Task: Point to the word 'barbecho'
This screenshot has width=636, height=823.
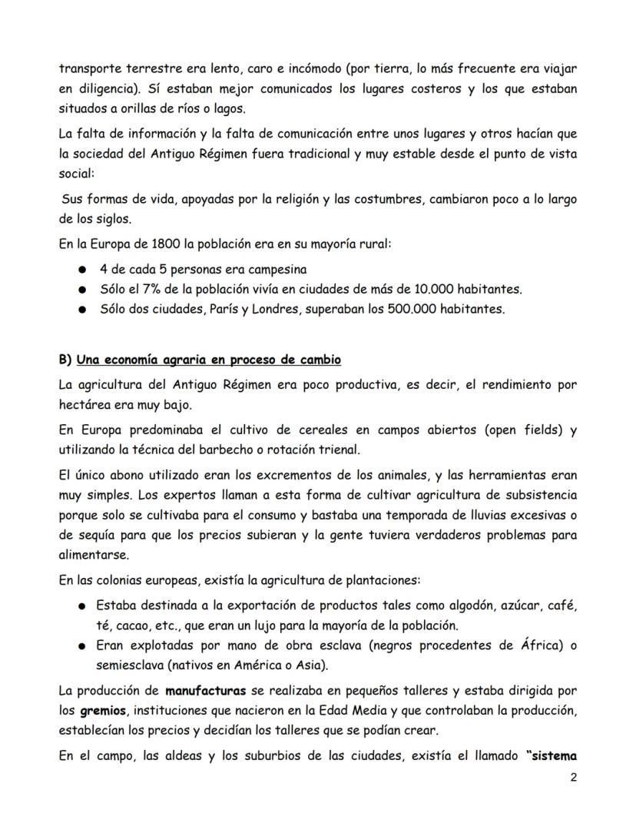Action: point(224,450)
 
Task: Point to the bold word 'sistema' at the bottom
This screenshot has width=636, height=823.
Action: point(553,755)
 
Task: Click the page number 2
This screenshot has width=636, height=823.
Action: point(573,778)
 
